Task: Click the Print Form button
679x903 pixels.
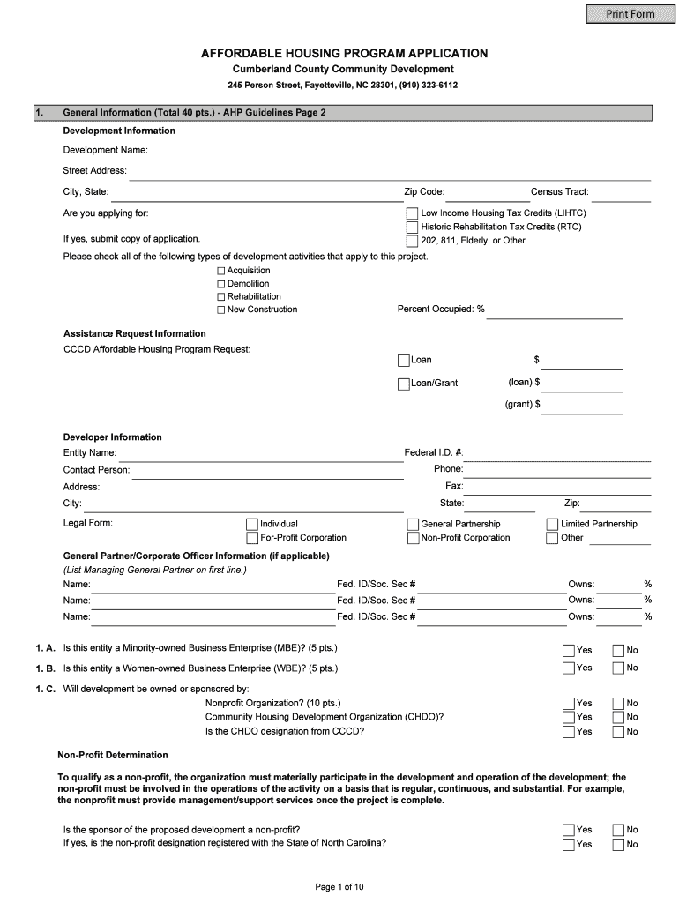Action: (630, 13)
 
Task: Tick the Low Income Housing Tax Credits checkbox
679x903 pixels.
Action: (412, 213)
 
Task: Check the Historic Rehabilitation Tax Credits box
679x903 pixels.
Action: (412, 227)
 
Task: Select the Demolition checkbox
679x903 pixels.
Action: (221, 284)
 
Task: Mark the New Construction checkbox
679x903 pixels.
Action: (221, 310)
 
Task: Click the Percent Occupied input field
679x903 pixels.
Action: (556, 310)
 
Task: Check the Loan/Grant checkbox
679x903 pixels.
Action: (403, 384)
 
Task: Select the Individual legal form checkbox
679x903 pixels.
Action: (252, 524)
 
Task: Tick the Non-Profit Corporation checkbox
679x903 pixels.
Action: (412, 538)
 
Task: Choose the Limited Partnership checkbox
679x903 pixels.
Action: (552, 524)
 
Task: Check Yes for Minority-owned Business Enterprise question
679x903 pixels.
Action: (569, 651)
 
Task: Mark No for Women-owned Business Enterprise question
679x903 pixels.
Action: (618, 668)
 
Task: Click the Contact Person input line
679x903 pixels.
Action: (265, 471)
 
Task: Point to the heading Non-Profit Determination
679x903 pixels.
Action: (113, 756)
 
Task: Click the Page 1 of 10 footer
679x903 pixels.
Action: (339, 886)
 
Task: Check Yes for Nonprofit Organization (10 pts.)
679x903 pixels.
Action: (569, 704)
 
